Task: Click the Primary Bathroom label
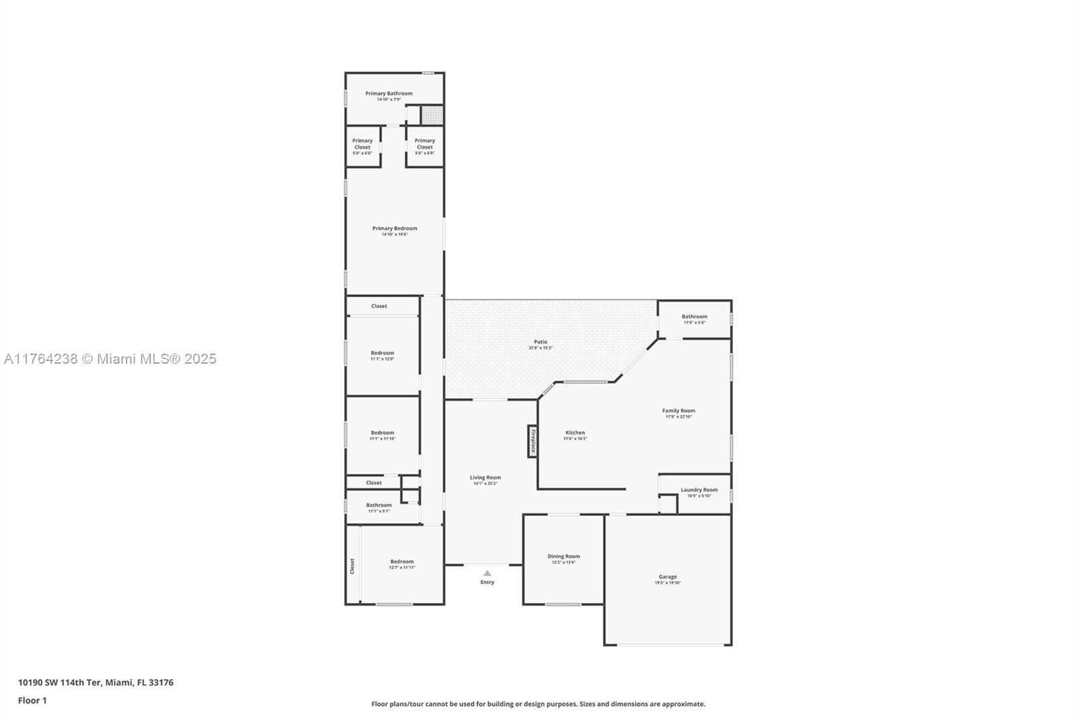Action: [388, 94]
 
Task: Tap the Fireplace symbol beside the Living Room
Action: [532, 440]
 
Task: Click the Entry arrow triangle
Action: [487, 573]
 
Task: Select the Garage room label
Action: [667, 577]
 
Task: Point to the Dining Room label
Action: [563, 556]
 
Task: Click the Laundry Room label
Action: [699, 490]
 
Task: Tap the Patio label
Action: [541, 342]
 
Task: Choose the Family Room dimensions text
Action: [678, 417]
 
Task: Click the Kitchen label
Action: [575, 432]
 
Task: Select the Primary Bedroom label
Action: [394, 228]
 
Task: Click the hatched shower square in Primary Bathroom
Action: [432, 115]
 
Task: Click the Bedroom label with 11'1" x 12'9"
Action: [382, 353]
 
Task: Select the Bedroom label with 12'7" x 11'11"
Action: [402, 562]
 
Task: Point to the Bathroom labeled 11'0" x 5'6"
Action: [694, 317]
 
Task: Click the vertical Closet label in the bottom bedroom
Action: [352, 566]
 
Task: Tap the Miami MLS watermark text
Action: [110, 359]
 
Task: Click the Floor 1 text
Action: [32, 700]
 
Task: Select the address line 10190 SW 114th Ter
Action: [96, 682]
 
